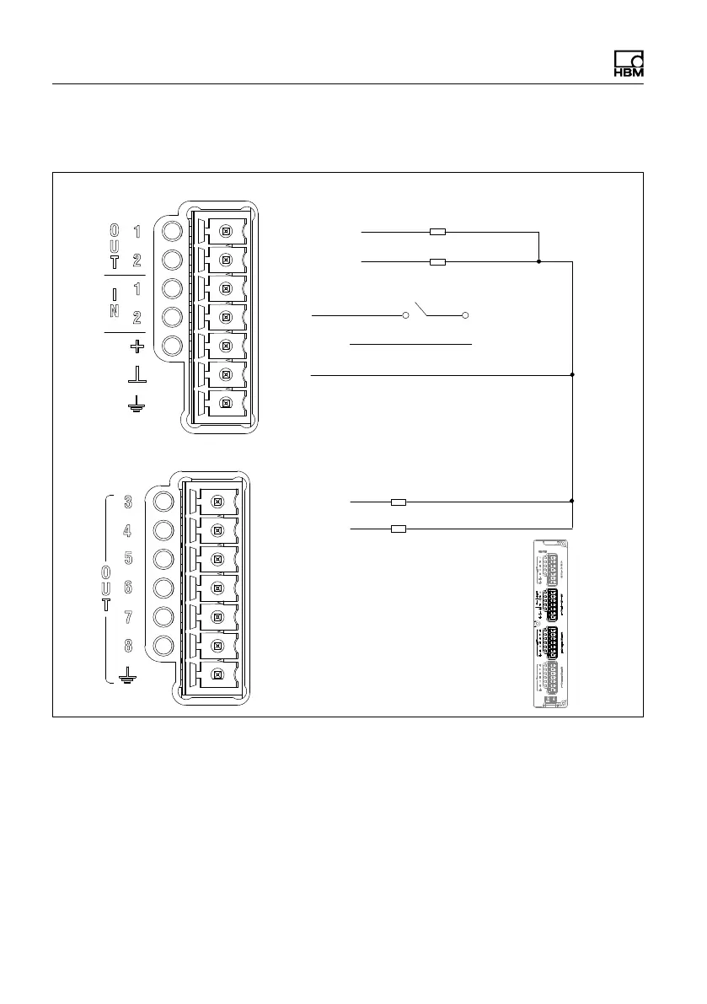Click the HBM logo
[x=628, y=66]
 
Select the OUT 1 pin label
[x=137, y=230]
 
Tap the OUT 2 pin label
[x=137, y=260]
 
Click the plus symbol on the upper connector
[x=137, y=346]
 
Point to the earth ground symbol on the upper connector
[x=136, y=405]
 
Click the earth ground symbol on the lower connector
[x=128, y=674]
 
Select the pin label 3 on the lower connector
[x=128, y=502]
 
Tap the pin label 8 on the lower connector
[x=128, y=647]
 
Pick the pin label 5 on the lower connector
[x=128, y=559]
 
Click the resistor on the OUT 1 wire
[x=437, y=231]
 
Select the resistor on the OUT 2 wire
[x=437, y=262]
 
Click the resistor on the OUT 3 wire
[x=399, y=502]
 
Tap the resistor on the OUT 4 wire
[x=399, y=529]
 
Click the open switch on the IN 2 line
[x=436, y=314]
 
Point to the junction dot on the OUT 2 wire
[x=539, y=262]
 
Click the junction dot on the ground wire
[x=573, y=373]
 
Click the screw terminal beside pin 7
[x=217, y=617]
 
